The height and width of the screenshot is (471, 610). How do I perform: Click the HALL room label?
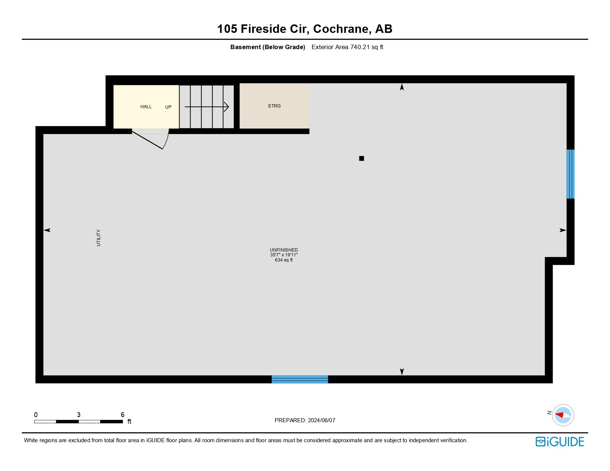click(x=146, y=107)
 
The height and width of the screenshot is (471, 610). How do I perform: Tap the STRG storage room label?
click(x=274, y=106)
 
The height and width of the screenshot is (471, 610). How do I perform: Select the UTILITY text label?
click(x=99, y=238)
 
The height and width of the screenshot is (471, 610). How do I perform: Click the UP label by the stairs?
click(x=168, y=107)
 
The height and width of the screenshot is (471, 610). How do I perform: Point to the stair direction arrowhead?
click(x=227, y=107)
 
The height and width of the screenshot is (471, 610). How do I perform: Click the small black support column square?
click(x=362, y=158)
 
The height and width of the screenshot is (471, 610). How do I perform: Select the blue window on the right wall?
click(x=570, y=174)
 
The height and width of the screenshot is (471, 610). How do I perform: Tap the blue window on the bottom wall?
click(x=300, y=379)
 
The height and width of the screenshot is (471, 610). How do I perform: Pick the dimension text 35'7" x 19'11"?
click(x=284, y=255)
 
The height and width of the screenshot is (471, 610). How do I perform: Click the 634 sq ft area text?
click(x=284, y=260)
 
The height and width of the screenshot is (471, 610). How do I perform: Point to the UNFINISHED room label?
click(x=284, y=250)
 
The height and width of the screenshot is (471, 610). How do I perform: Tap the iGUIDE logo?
click(x=560, y=442)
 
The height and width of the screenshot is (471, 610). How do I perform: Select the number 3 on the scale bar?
click(x=79, y=415)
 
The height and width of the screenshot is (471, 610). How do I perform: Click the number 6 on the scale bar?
click(x=123, y=415)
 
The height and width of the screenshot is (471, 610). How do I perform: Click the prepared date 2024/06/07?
click(x=321, y=420)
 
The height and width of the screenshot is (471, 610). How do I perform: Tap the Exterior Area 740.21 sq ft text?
click(x=347, y=47)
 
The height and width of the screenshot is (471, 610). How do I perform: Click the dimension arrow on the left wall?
click(x=47, y=230)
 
